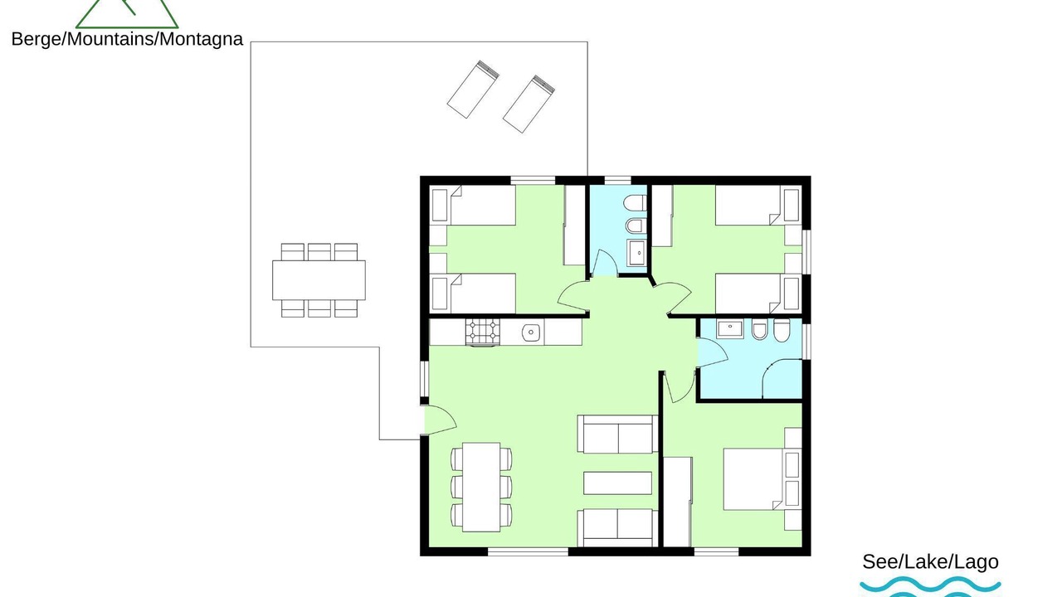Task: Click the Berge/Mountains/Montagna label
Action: point(127,39)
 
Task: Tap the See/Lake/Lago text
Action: point(930,562)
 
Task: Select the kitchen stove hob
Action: point(483,332)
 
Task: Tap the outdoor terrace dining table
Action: point(319,280)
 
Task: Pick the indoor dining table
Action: point(481,487)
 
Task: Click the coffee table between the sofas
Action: point(617,483)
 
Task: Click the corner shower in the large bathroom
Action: point(782,379)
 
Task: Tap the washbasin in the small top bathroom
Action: point(636,253)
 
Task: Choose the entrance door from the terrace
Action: point(439,420)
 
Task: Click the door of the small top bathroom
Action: point(605,263)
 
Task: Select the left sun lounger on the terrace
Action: point(473,89)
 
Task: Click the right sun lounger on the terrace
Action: point(529,104)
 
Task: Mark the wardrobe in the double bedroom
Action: point(677,502)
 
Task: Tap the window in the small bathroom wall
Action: point(617,180)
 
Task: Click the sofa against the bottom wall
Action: point(617,528)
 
